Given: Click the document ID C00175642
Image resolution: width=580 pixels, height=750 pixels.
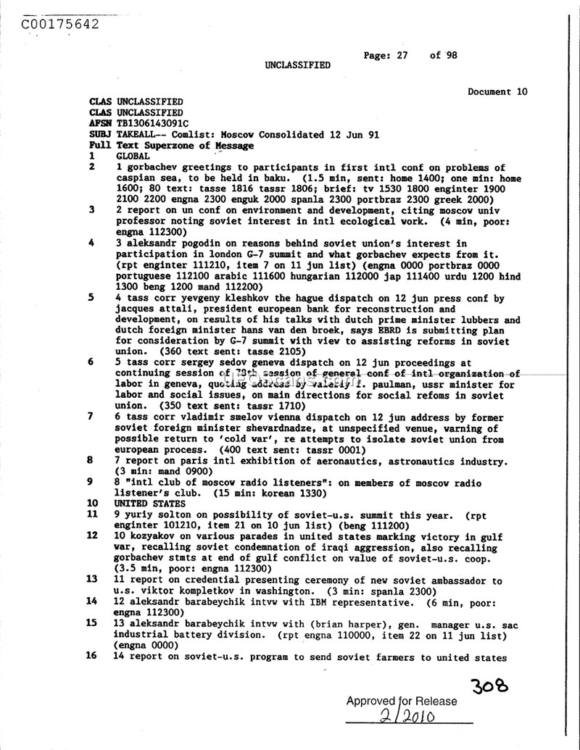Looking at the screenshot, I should click(x=60, y=23).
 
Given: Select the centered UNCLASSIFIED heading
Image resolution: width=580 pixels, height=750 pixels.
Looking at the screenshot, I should click(x=297, y=65).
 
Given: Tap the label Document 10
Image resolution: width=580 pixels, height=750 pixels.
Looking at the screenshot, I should click(x=497, y=92).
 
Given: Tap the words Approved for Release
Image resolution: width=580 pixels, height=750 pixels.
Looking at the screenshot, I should click(x=402, y=701).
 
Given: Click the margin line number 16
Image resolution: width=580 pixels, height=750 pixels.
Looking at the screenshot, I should click(x=92, y=657).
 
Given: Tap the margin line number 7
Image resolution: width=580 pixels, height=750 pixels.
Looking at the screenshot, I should click(x=90, y=417).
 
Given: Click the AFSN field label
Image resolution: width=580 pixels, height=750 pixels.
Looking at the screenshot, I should click(x=100, y=124).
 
